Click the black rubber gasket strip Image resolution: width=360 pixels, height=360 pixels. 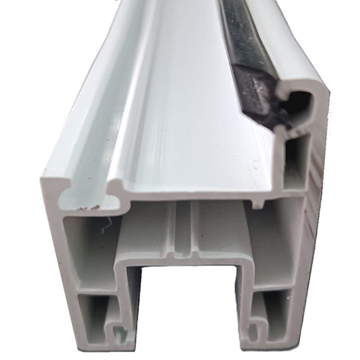(248, 43)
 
